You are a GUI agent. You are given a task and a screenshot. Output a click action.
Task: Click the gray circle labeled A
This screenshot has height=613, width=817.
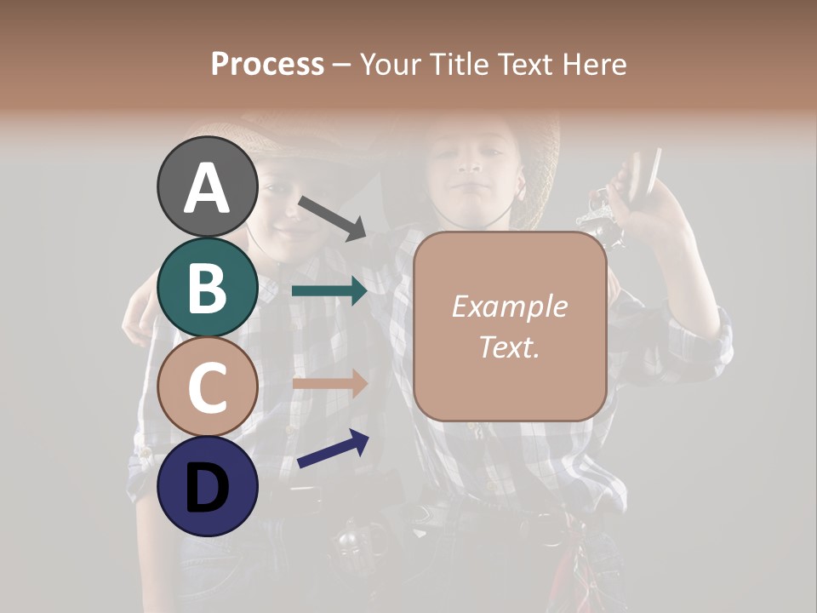point(208,186)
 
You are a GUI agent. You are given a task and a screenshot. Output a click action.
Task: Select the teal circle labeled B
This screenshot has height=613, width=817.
point(208,287)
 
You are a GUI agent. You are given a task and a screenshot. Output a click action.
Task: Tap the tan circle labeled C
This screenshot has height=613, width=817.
point(208,387)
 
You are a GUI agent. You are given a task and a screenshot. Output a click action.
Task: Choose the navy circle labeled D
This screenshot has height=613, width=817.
point(208,486)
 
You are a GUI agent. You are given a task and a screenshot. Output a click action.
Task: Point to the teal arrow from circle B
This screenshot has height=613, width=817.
point(329,291)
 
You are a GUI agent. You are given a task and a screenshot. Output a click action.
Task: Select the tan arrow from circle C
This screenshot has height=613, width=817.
point(329,383)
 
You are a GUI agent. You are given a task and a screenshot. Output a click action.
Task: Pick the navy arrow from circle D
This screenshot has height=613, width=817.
point(333,450)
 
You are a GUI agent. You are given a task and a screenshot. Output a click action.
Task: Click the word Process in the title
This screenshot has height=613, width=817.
point(267,64)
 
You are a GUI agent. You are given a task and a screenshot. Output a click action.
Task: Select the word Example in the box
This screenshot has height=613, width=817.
point(509,306)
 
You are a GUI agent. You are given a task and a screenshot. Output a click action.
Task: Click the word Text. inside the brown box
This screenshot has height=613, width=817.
point(509,347)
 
